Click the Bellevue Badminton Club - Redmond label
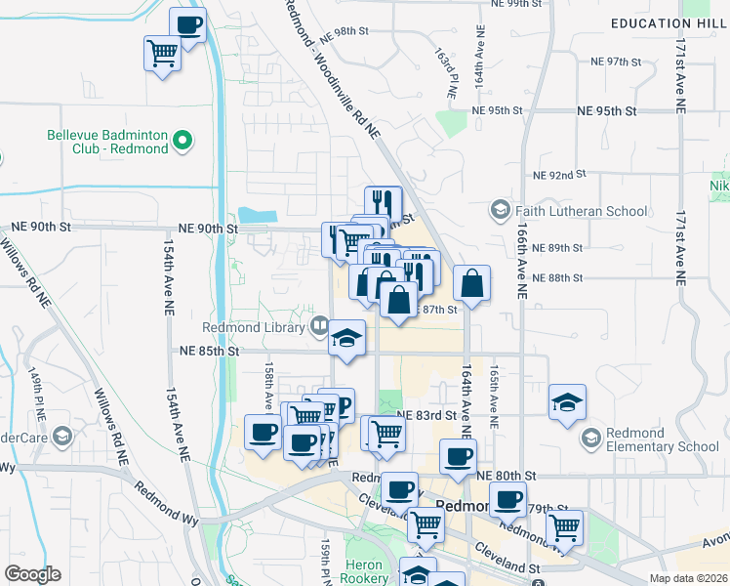(x=107, y=143)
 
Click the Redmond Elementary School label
(x=662, y=439)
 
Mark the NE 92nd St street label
(x=558, y=175)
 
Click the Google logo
(x=33, y=574)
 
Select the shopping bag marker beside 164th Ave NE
(x=471, y=283)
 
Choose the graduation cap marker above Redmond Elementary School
(x=566, y=401)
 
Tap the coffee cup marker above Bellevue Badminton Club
(x=188, y=24)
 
